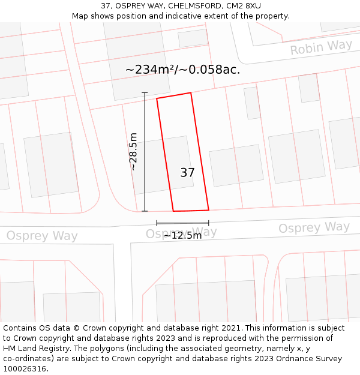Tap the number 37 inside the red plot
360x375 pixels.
(187, 173)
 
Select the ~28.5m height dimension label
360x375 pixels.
(133, 152)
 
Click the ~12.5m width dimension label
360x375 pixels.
(182, 236)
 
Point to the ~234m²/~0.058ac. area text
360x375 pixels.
(182, 70)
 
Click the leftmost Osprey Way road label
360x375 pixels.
(42, 236)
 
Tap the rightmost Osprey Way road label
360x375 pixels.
(314, 227)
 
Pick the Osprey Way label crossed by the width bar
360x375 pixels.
(181, 232)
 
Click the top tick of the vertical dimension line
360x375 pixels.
(145, 92)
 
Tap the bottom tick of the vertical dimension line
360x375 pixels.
(145, 211)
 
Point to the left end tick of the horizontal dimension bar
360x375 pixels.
(157, 223)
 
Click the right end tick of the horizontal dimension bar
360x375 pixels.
(209, 223)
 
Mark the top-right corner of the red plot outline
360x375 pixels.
(191, 93)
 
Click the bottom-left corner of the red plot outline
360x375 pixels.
(173, 211)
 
